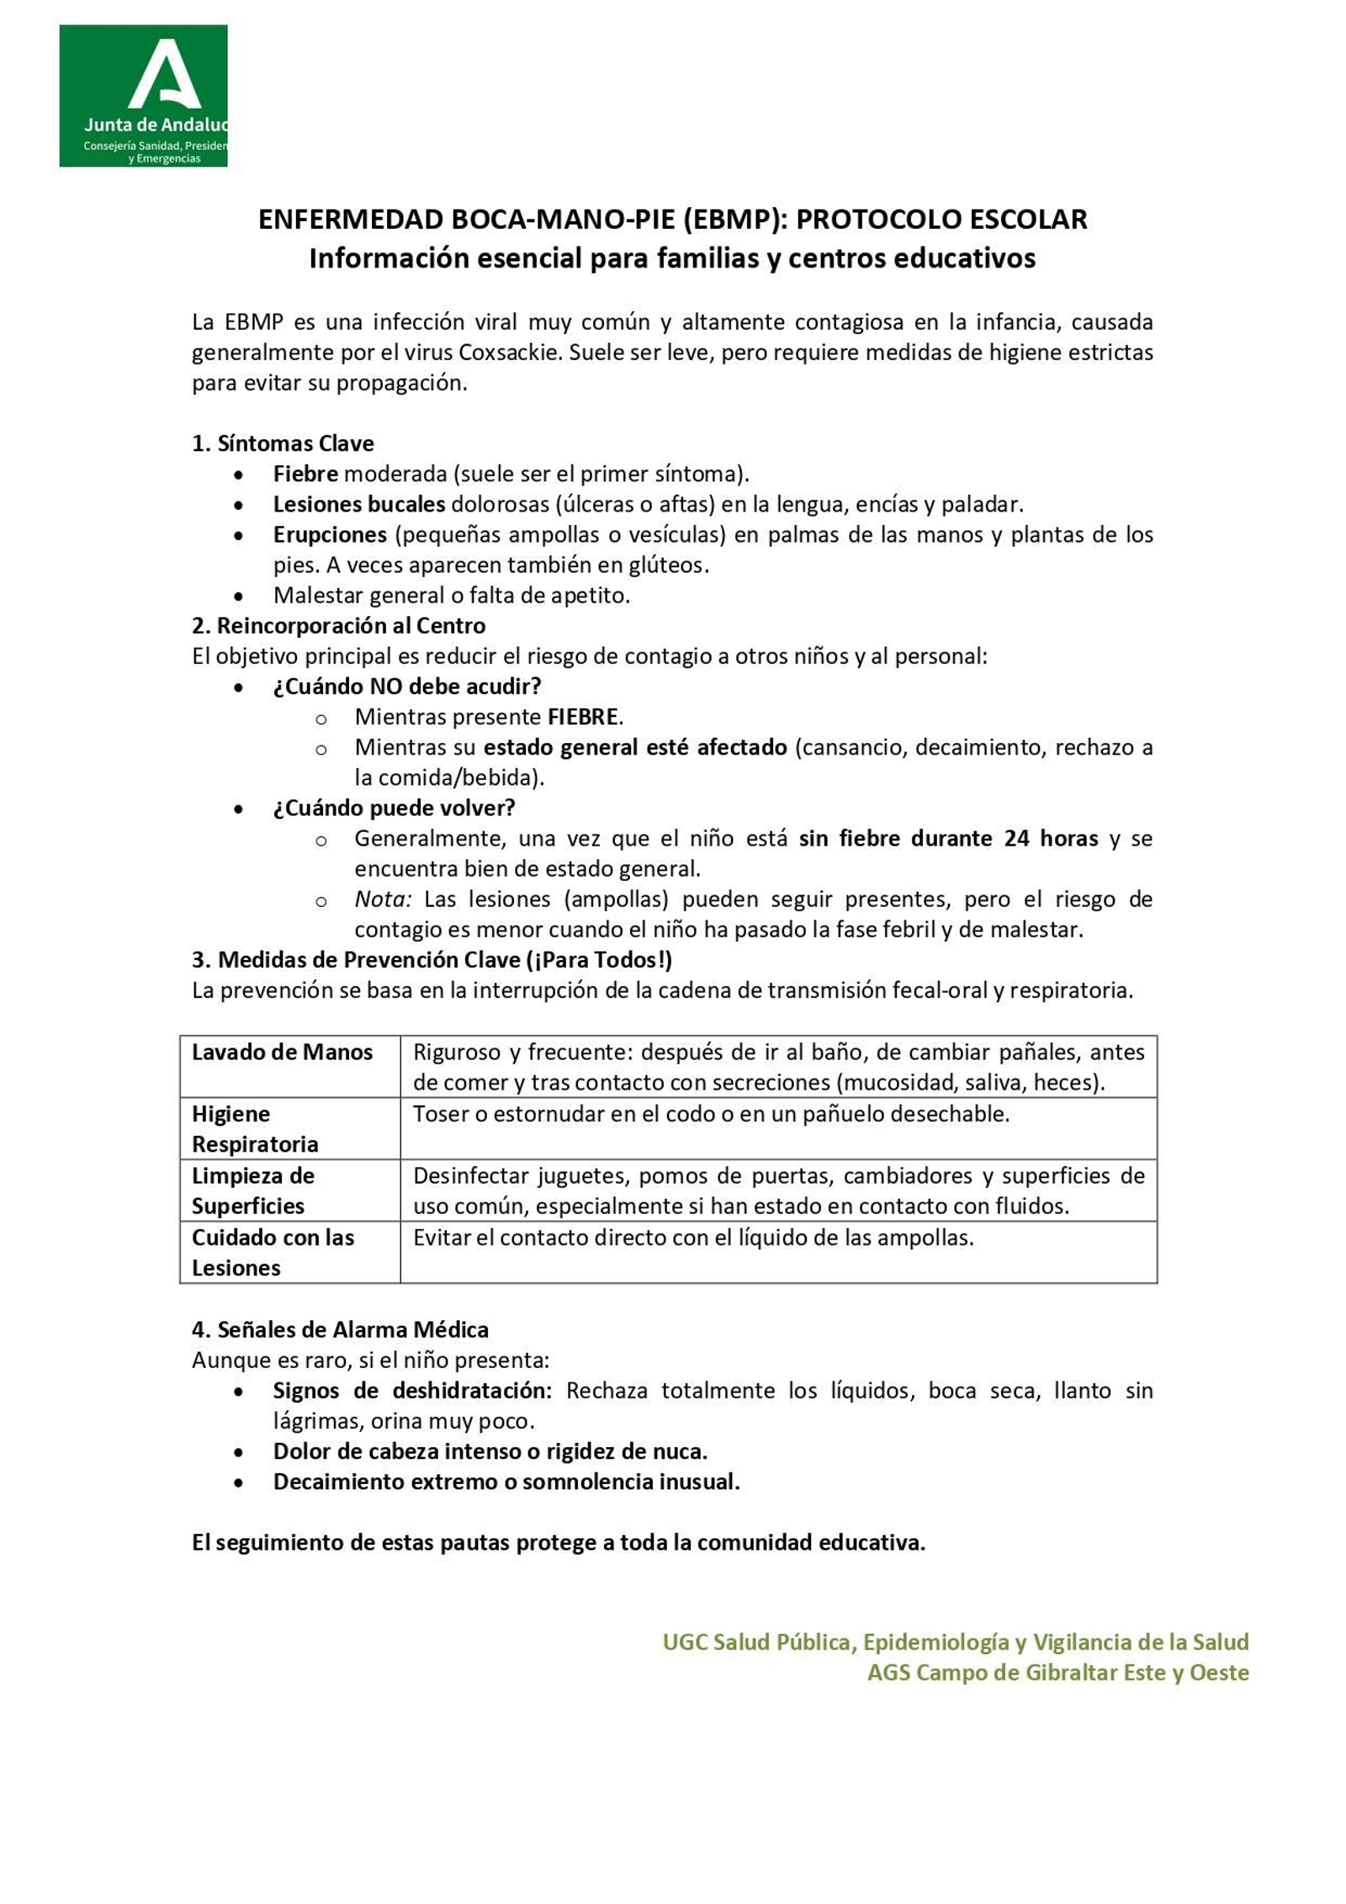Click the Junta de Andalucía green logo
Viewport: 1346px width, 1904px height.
pos(143,95)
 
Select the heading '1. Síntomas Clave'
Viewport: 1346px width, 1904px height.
pos(283,443)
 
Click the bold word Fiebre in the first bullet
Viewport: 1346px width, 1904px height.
pos(305,474)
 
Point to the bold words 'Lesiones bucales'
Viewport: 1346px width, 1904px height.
pos(359,504)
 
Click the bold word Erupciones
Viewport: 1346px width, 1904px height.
pos(330,534)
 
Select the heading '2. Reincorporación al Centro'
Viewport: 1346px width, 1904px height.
pos(338,625)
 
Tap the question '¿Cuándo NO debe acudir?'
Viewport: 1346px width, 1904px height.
pos(406,686)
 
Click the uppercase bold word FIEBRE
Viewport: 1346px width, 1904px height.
pos(583,717)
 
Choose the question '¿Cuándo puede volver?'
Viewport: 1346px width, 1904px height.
pos(394,808)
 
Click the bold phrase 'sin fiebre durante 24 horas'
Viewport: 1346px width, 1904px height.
pos(948,838)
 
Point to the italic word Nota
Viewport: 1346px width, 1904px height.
pos(382,899)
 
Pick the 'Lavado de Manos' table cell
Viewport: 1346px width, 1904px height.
pos(283,1052)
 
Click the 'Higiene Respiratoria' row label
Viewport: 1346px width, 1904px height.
pos(255,1128)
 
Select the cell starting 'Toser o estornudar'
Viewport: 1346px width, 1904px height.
pos(711,1114)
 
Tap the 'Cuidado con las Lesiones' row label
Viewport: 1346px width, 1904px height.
pos(273,1252)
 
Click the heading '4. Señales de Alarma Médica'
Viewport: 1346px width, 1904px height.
pos(340,1329)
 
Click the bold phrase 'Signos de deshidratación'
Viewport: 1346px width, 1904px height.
pos(412,1390)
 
